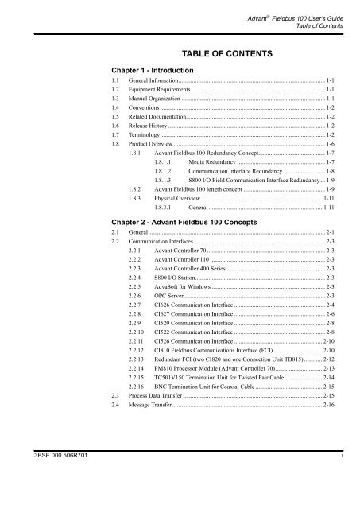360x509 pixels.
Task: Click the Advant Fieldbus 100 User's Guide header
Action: click(293, 6)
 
